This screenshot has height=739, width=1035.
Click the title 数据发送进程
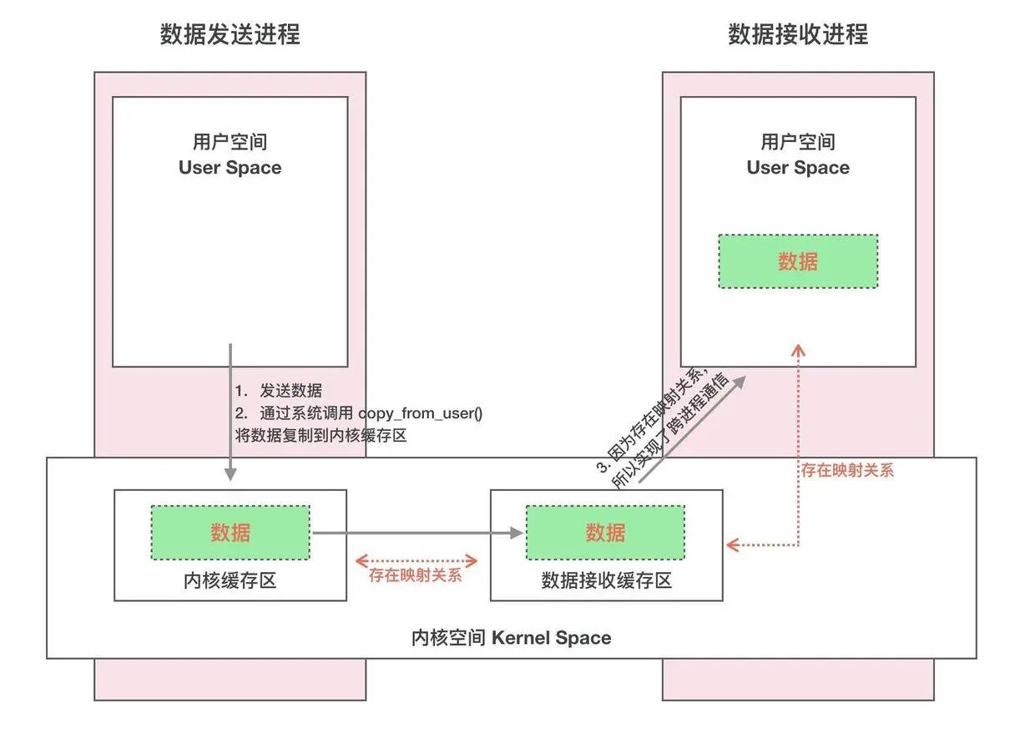[x=230, y=34]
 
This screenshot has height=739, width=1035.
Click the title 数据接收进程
[x=798, y=34]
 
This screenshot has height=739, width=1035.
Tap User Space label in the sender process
[x=230, y=167]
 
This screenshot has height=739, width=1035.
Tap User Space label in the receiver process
[x=798, y=167]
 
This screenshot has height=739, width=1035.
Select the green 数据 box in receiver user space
[x=798, y=261]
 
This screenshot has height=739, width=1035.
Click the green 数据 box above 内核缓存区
[x=230, y=532]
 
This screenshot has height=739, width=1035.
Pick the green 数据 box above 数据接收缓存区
[x=605, y=532]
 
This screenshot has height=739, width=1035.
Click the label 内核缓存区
[x=230, y=580]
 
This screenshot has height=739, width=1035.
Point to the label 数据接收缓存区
[x=606, y=580]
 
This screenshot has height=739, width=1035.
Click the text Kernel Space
[x=552, y=638]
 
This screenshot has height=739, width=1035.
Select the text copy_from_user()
[x=421, y=413]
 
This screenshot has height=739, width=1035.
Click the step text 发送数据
[x=290, y=391]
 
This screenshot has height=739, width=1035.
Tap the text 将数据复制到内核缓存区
[x=321, y=435]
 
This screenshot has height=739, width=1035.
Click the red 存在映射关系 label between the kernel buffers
[x=415, y=575]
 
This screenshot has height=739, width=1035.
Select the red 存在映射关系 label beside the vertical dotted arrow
[x=847, y=470]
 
